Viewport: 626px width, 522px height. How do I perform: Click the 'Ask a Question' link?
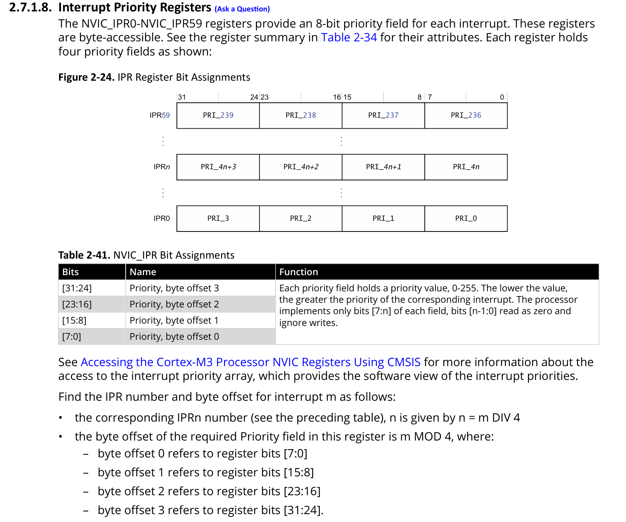pyautogui.click(x=242, y=9)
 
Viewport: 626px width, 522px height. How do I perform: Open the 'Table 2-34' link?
pyautogui.click(x=349, y=37)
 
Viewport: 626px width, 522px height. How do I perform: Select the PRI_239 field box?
pyautogui.click(x=218, y=115)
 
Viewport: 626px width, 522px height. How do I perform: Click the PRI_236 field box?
pyautogui.click(x=466, y=115)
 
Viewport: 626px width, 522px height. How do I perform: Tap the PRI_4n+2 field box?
pyautogui.click(x=301, y=167)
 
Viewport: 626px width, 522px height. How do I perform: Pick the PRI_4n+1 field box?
pyautogui.click(x=383, y=167)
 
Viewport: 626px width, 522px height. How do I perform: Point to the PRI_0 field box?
pyautogui.click(x=466, y=218)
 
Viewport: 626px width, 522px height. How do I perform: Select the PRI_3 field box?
pyautogui.click(x=218, y=218)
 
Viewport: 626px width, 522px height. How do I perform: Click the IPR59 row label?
pyautogui.click(x=159, y=115)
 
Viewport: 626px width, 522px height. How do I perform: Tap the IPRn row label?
pyautogui.click(x=161, y=167)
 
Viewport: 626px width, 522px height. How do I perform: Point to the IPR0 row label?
pyautogui.click(x=161, y=218)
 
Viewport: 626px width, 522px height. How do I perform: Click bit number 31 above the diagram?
pyautogui.click(x=182, y=97)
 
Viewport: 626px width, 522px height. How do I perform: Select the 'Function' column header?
pyautogui.click(x=298, y=272)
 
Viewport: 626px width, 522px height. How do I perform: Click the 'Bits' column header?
pyautogui.click(x=70, y=272)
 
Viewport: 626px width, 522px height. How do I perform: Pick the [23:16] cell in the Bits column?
pyautogui.click(x=77, y=304)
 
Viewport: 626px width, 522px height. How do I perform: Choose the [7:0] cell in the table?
pyautogui.click(x=72, y=337)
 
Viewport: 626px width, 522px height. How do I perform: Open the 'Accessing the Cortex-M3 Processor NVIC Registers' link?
pyautogui.click(x=250, y=362)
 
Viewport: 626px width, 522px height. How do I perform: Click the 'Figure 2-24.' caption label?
pyautogui.click(x=86, y=77)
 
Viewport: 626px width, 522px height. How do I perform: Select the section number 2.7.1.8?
pyautogui.click(x=30, y=7)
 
